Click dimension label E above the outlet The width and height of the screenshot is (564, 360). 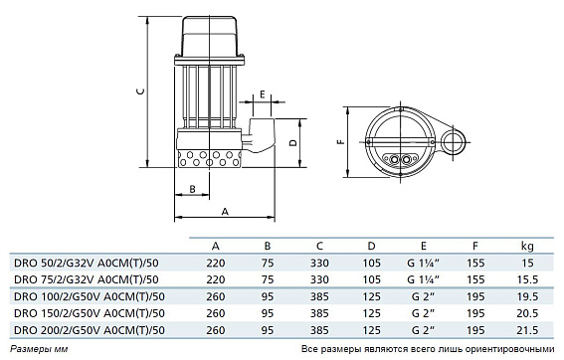pos(263,94)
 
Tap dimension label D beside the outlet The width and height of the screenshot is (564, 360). pos(293,142)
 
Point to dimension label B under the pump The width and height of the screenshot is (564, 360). pos(192,189)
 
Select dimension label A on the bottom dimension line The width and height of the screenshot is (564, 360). pos(225,212)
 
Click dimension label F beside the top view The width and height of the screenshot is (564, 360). pos(340,141)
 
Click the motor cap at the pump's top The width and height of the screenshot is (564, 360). pos(209,36)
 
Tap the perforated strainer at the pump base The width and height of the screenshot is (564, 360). pos(209,158)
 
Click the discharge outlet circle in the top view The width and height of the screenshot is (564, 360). pos(454,141)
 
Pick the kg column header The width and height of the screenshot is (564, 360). pos(527,246)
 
